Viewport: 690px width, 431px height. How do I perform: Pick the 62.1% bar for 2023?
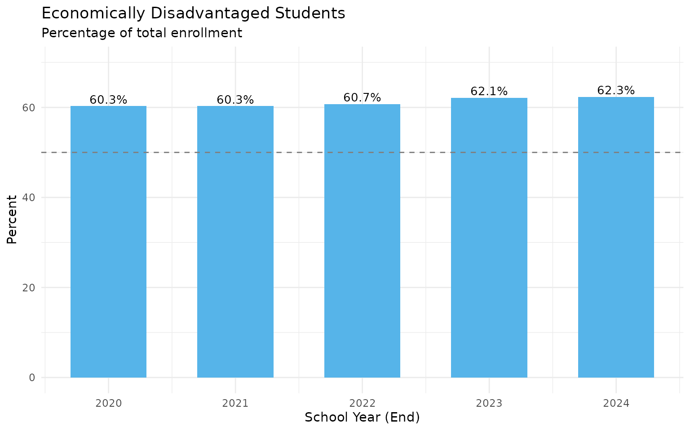489,237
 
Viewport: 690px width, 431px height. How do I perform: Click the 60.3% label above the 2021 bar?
235,100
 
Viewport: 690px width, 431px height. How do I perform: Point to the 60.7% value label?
362,97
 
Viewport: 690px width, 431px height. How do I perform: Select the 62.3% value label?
616,91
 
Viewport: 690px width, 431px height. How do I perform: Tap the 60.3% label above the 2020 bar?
108,100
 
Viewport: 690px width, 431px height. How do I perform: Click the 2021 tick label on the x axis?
235,403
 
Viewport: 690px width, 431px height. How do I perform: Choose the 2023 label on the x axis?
489,403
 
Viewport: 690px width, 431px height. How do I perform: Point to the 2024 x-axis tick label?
616,403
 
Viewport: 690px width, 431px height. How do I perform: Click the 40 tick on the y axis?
31,198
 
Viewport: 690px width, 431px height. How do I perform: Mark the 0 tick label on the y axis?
32,378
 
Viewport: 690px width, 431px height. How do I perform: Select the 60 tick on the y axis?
31,108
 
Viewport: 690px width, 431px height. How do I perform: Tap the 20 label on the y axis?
31,287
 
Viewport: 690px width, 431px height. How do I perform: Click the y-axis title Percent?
12,219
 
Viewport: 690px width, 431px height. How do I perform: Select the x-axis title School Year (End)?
362,418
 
